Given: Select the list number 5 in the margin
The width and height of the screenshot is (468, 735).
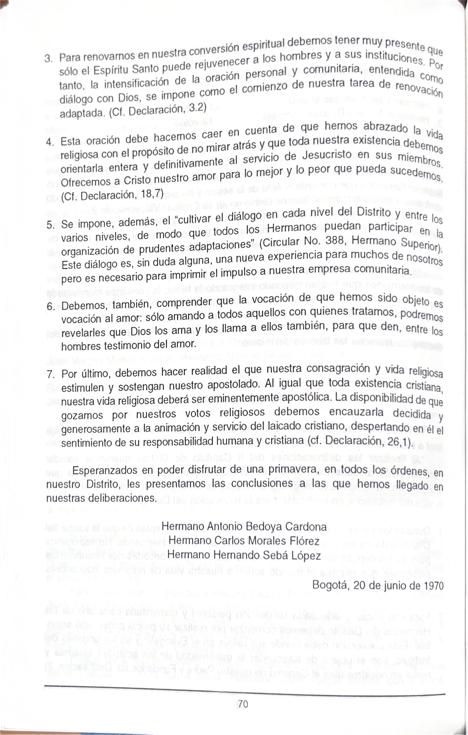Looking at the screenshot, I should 49,225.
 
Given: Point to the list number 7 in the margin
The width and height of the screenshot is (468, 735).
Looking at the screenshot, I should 50,374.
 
